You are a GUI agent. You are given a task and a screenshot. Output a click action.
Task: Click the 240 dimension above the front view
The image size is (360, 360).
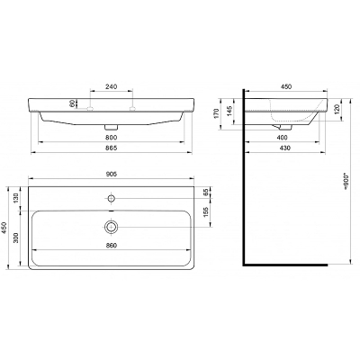coord(111,86)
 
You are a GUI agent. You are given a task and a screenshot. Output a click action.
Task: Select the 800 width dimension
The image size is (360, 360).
coord(111,138)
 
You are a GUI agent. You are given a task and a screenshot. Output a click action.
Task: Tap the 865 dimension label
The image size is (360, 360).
coord(111,148)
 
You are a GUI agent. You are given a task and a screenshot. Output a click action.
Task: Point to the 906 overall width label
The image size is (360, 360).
coord(111,174)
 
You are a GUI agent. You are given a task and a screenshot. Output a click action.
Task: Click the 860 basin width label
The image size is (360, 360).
coord(111,245)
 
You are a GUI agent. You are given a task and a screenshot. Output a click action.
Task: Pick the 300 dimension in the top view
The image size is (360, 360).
coord(16,238)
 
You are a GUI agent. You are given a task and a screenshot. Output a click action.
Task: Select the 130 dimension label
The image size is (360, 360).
coord(16,198)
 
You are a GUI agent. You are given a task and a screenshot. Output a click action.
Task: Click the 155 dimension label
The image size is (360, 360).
coord(206,212)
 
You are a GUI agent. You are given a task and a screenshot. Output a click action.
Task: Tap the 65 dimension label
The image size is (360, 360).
coord(206,193)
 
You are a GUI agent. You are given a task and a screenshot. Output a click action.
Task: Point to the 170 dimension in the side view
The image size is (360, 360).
coord(217,113)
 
